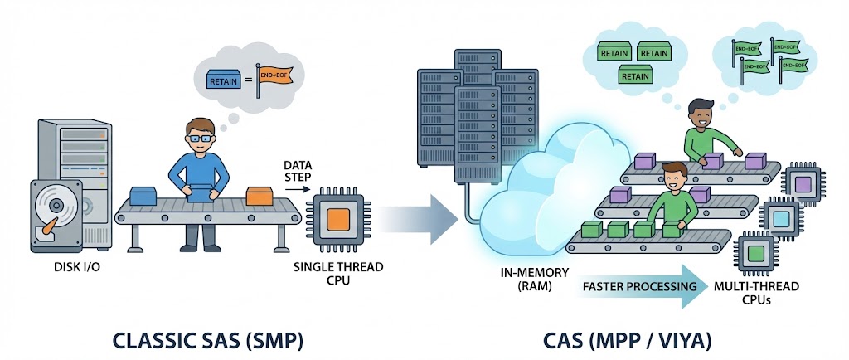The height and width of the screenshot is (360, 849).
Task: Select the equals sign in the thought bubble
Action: [x=249, y=80]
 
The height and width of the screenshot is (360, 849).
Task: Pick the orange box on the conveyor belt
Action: [x=259, y=197]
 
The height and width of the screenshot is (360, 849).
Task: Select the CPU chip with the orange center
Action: [x=337, y=219]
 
